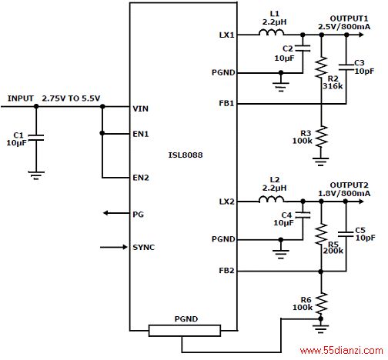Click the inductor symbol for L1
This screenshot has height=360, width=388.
click(271, 32)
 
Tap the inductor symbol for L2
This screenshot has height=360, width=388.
click(271, 199)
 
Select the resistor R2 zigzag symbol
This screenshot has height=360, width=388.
click(321, 67)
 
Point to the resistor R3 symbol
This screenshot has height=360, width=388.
click(321, 136)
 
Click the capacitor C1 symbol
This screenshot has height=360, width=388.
click(36, 138)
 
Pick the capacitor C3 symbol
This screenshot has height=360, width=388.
click(346, 67)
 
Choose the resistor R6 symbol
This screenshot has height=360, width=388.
click(321, 303)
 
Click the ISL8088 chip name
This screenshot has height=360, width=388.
click(186, 155)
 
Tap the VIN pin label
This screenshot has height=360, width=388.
click(140, 108)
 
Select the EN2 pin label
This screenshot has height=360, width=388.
click(141, 178)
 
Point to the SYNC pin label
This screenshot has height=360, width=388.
click(143, 247)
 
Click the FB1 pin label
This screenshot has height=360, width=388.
click(226, 103)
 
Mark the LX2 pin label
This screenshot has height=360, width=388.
click(226, 202)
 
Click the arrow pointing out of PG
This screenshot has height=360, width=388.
click(116, 213)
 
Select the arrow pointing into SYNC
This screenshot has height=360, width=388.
click(114, 247)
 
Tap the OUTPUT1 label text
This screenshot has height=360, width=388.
click(349, 18)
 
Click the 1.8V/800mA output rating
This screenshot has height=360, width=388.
click(344, 193)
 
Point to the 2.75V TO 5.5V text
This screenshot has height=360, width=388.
click(71, 98)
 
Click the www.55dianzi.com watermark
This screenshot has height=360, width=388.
click(341, 350)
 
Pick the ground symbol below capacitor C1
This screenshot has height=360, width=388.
click(36, 175)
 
